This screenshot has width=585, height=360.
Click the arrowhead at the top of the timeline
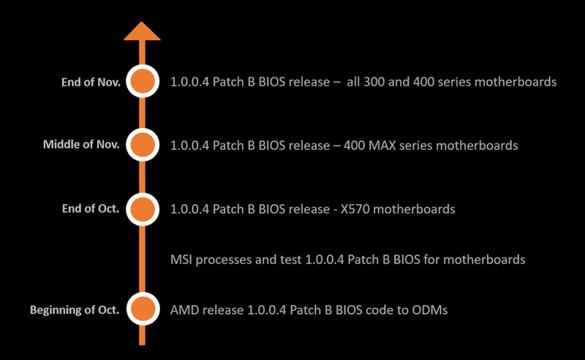(142, 31)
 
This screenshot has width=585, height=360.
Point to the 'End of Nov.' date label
(91, 82)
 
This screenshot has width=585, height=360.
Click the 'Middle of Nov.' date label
(81, 145)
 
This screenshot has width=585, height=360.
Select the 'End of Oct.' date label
(91, 209)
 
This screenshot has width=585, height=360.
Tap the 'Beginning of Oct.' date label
(75, 310)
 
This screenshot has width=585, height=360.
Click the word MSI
(181, 259)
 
